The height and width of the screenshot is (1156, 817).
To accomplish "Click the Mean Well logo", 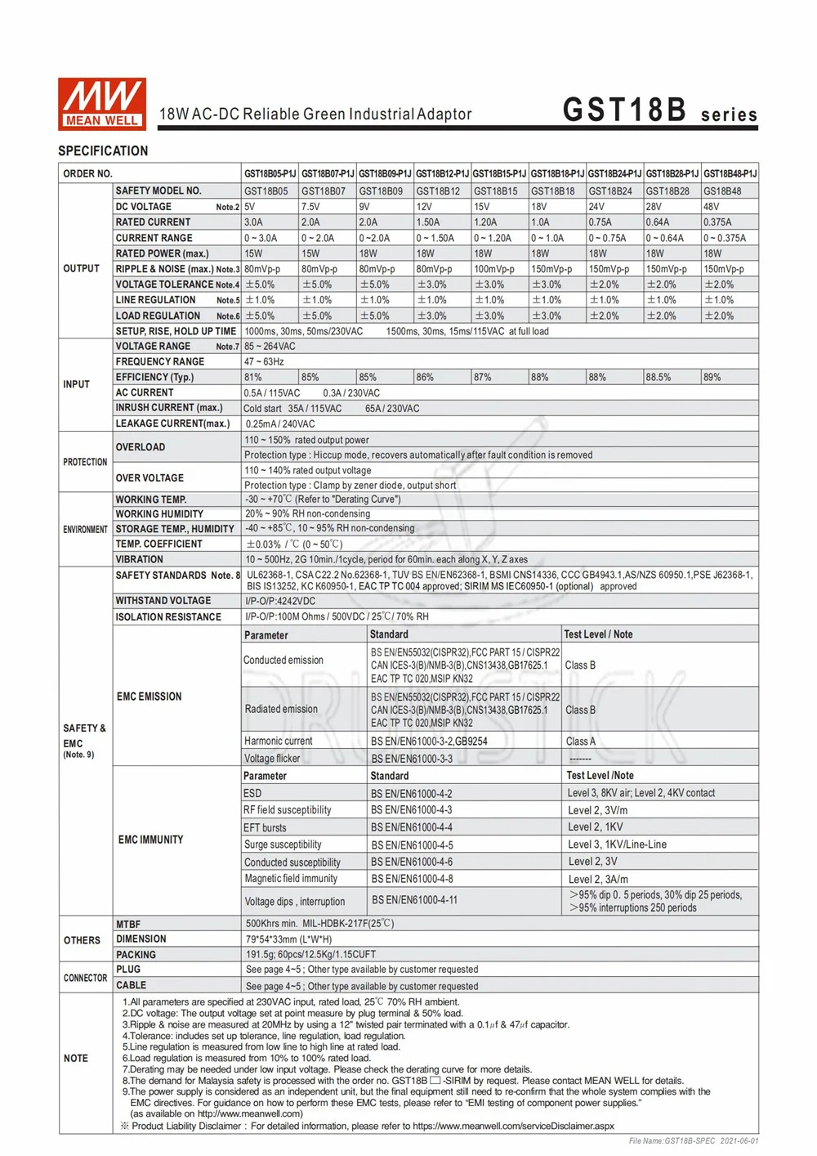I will [102, 104].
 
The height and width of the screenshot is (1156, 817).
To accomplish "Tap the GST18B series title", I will [659, 110].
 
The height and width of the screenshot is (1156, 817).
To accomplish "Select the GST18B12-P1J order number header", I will [442, 174].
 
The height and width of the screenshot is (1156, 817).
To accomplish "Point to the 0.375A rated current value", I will [719, 222].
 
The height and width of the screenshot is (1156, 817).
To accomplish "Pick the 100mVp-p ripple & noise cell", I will [494, 269].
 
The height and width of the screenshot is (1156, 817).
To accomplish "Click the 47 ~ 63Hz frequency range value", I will [264, 361].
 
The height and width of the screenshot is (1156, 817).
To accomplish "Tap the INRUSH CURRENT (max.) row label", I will [169, 408].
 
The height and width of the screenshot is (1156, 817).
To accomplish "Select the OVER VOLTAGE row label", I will [150, 478].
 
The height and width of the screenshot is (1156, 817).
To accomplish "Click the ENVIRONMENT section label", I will [85, 530].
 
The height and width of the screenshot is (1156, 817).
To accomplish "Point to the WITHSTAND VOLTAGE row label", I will [163, 601].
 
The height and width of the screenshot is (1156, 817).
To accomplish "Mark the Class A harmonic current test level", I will [581, 742].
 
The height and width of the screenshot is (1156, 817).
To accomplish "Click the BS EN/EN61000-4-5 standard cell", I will [412, 845].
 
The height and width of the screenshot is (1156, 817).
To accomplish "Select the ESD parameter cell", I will [252, 794].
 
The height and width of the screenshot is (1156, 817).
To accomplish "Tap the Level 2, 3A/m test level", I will [598, 880].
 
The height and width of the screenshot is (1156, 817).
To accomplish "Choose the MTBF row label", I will [128, 924].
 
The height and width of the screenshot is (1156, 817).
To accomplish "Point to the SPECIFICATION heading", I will [103, 151].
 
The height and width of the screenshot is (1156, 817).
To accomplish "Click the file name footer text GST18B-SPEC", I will [693, 1141].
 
